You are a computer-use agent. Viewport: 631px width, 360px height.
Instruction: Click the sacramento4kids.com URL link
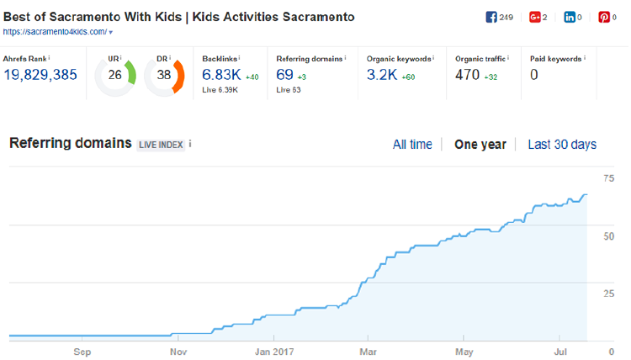[x=56, y=32]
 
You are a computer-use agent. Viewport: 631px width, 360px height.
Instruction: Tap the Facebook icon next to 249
[x=491, y=18]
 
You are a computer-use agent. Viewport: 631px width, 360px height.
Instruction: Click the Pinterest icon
[x=603, y=18]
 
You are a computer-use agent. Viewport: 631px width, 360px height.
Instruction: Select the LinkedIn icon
[x=570, y=18]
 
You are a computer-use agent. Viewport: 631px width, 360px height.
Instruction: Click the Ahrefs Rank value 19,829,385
[x=40, y=75]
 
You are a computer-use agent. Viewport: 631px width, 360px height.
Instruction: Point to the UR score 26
[x=114, y=75]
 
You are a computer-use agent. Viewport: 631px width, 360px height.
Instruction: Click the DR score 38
[x=164, y=75]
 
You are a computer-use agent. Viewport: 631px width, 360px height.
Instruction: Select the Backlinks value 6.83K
[x=221, y=75]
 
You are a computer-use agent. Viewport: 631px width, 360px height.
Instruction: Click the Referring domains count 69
[x=284, y=75]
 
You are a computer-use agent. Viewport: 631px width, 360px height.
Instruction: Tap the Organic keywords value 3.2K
[x=381, y=75]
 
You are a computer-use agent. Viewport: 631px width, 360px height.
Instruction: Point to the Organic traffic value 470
[x=467, y=75]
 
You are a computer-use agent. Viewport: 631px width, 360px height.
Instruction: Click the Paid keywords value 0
[x=533, y=75]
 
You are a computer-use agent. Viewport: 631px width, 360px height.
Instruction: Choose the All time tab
[x=412, y=145]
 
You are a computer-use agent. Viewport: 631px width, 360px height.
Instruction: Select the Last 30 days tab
[x=562, y=145]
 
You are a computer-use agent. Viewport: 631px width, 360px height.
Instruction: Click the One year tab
[x=480, y=145]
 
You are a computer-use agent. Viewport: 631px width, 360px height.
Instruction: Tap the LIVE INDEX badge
[x=161, y=145]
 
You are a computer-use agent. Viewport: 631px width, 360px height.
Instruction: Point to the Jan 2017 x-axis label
[x=274, y=352]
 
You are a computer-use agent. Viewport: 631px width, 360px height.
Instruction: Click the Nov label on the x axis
[x=178, y=352]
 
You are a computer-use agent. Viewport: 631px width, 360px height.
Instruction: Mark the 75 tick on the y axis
[x=609, y=178]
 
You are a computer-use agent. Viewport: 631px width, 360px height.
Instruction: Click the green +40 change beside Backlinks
[x=252, y=77]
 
